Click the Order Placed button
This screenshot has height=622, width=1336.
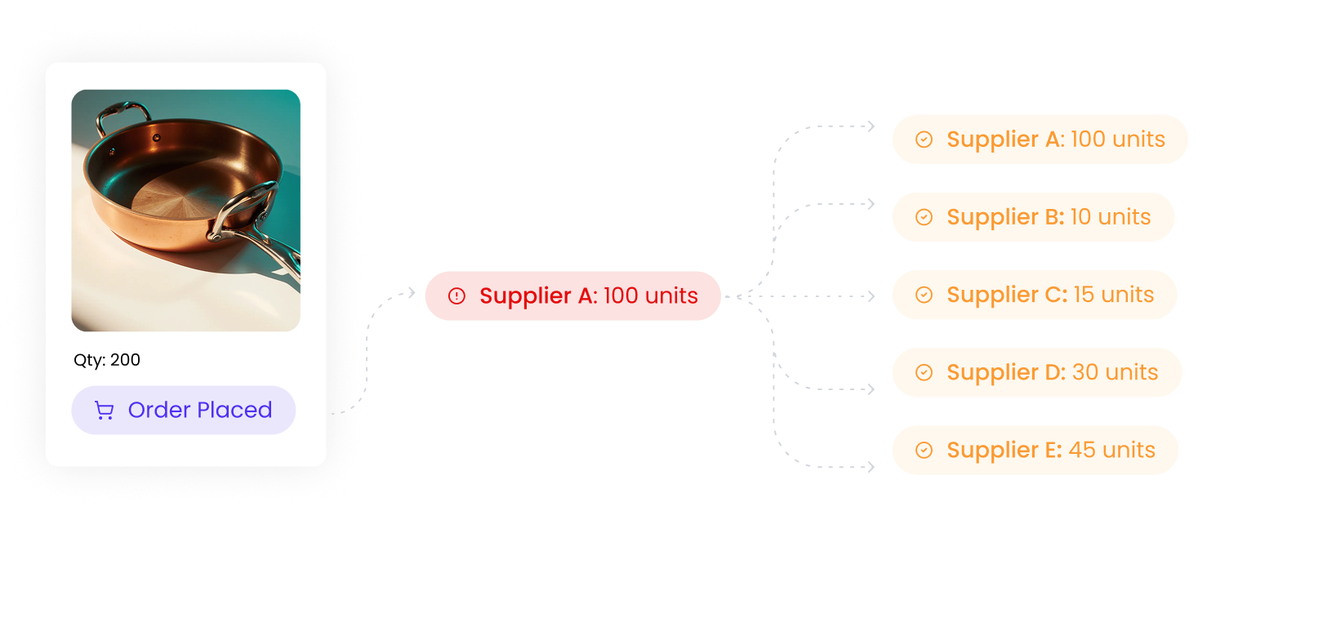pyautogui.click(x=184, y=410)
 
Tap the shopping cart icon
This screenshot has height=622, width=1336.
pyautogui.click(x=105, y=411)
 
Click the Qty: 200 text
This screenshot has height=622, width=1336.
pyautogui.click(x=107, y=360)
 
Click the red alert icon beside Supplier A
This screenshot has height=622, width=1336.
pyautogui.click(x=456, y=296)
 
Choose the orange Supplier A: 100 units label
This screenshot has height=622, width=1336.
pyautogui.click(x=1055, y=140)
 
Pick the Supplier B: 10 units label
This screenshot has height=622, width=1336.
pyautogui.click(x=1048, y=217)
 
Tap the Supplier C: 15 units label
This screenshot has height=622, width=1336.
pyautogui.click(x=1049, y=295)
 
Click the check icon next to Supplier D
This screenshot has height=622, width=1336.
pyautogui.click(x=924, y=373)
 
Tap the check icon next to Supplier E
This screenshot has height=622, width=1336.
pyautogui.click(x=924, y=451)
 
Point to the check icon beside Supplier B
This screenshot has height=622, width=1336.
pyautogui.click(x=924, y=217)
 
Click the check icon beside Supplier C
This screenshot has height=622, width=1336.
pyautogui.click(x=924, y=295)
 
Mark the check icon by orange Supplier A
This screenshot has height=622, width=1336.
pyautogui.click(x=924, y=140)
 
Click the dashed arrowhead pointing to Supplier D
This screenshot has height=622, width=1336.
pyautogui.click(x=871, y=389)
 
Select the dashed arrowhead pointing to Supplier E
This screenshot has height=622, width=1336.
pyautogui.click(x=871, y=467)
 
